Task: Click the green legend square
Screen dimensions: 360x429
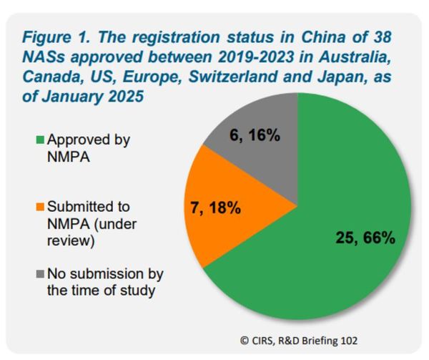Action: (40, 141)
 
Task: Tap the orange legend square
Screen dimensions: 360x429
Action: (40, 208)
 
